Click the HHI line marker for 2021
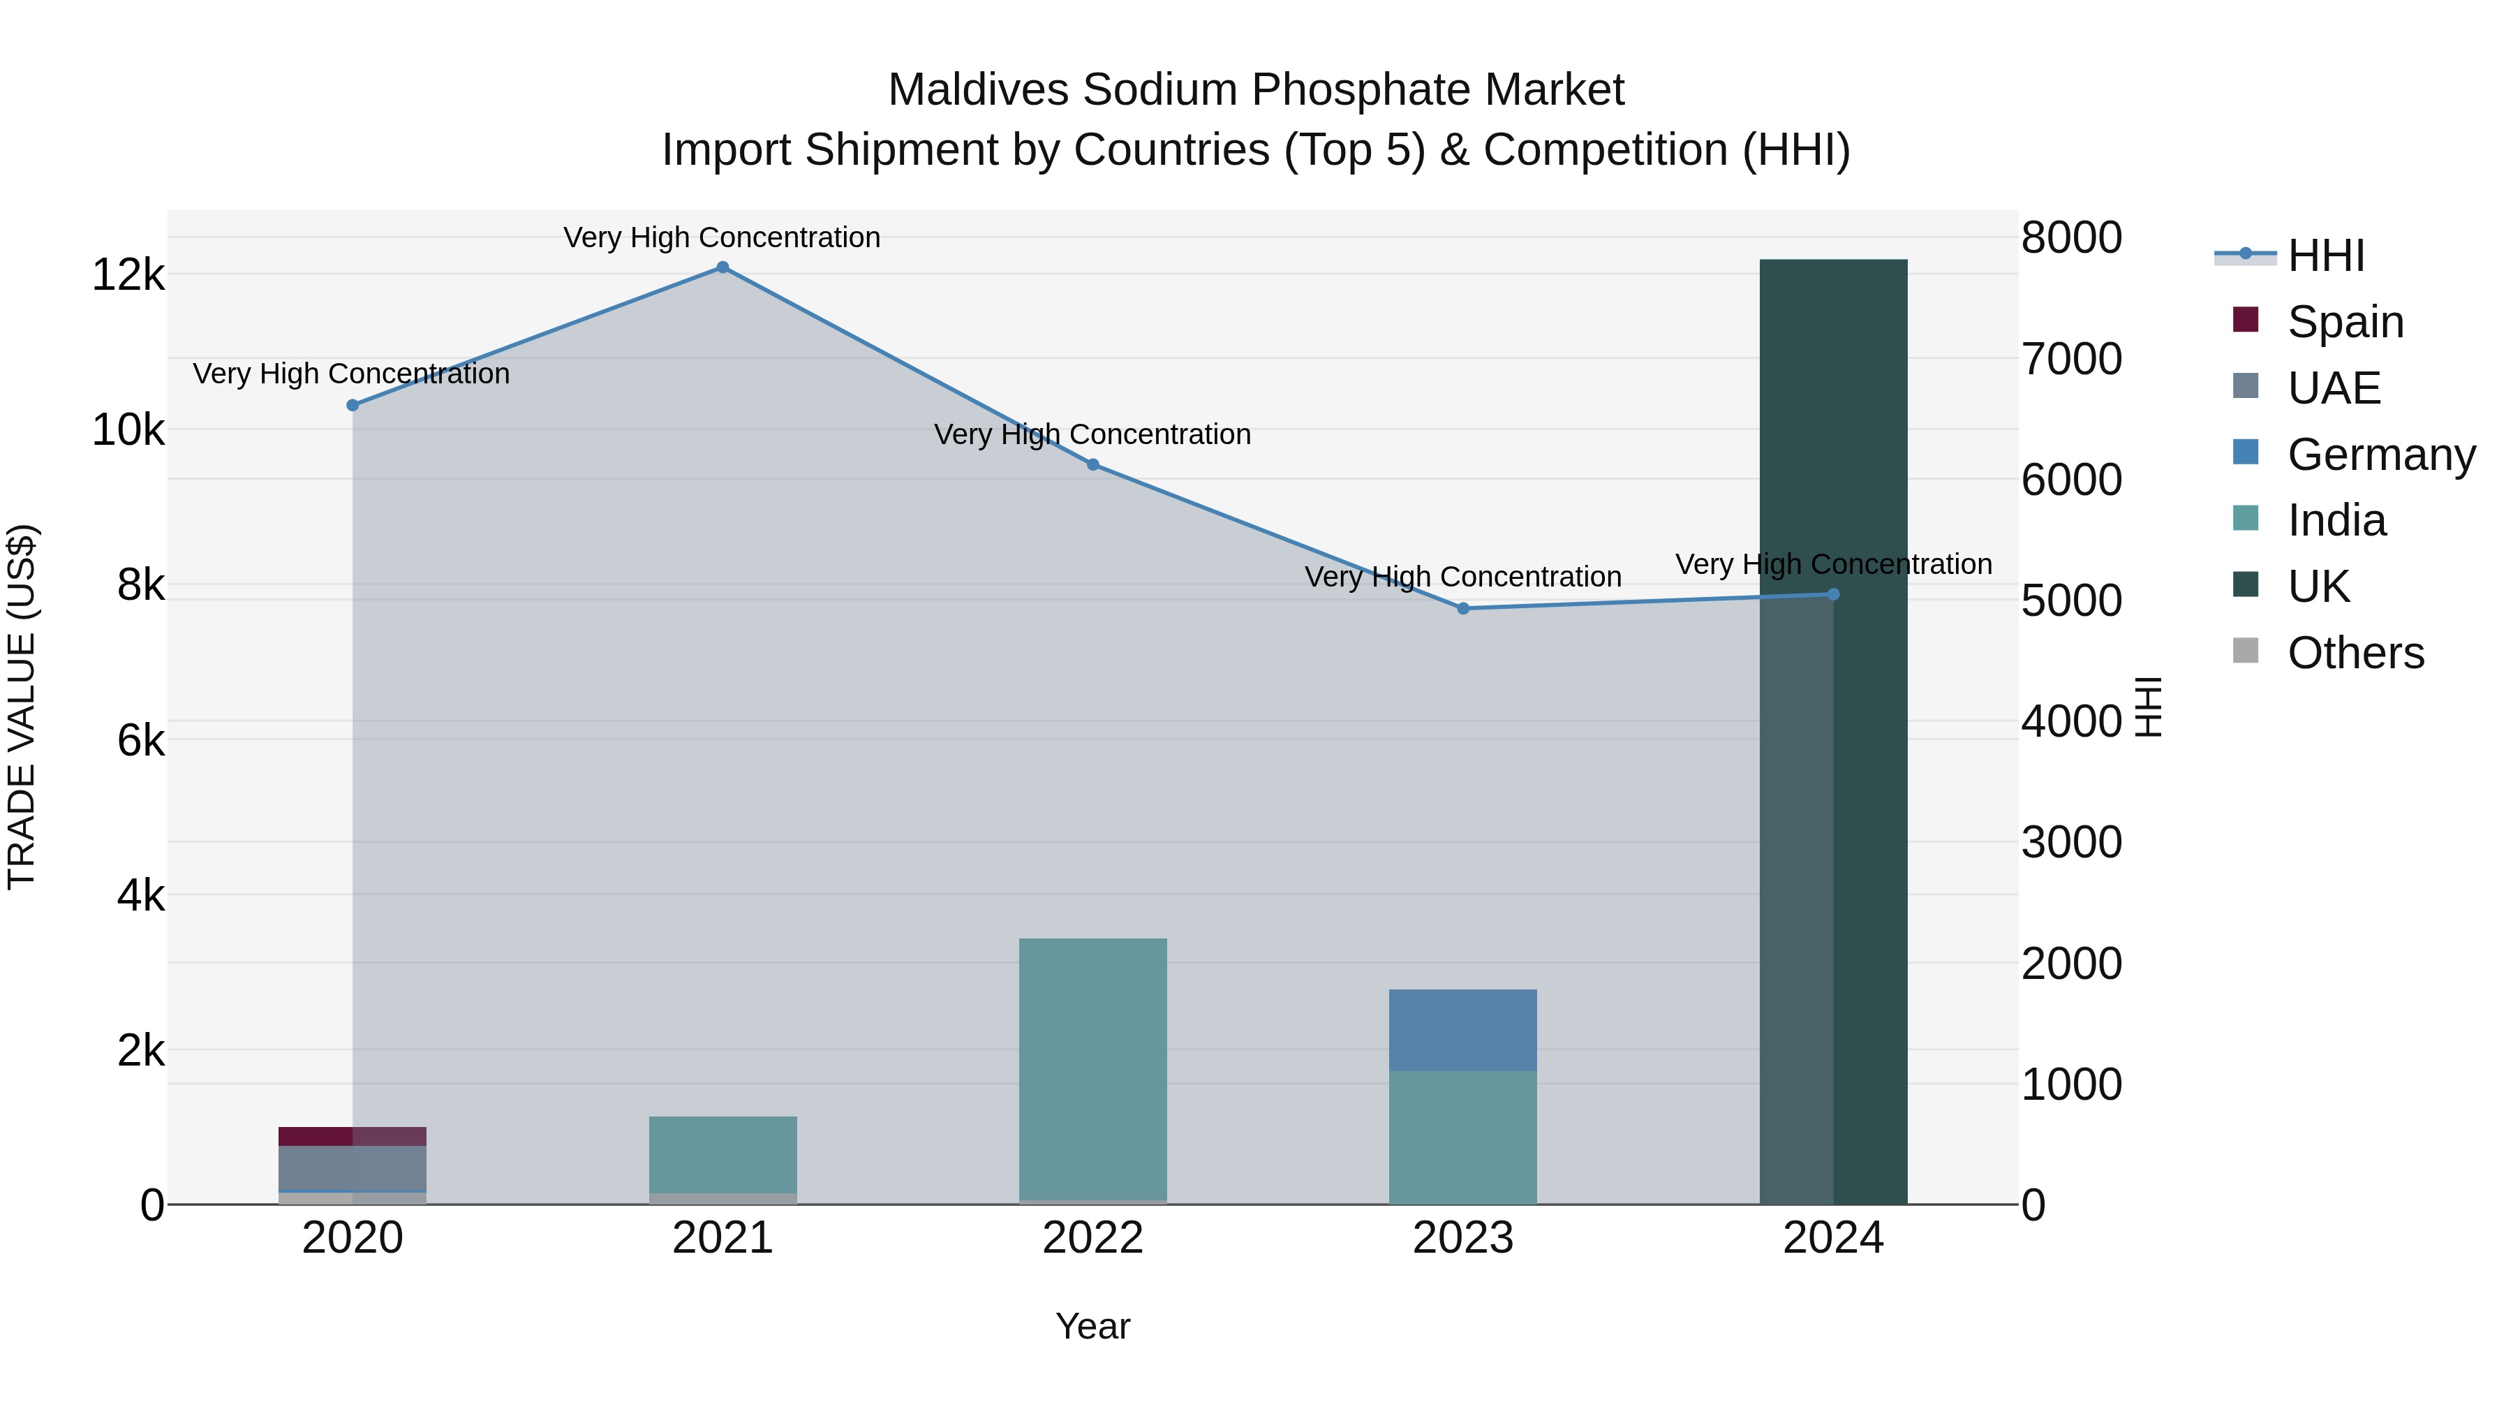point(723,267)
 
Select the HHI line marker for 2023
point(1463,609)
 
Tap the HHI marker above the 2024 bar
point(1833,594)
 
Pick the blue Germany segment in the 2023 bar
point(1463,1031)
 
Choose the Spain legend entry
point(2344,322)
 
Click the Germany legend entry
point(2380,455)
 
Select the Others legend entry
point(2355,653)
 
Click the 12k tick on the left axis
point(128,275)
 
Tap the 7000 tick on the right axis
point(2071,359)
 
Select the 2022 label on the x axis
point(1092,1238)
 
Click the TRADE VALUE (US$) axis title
point(22,707)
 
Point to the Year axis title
point(1092,1326)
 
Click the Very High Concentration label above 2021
point(722,237)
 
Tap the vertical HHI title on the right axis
point(2149,707)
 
